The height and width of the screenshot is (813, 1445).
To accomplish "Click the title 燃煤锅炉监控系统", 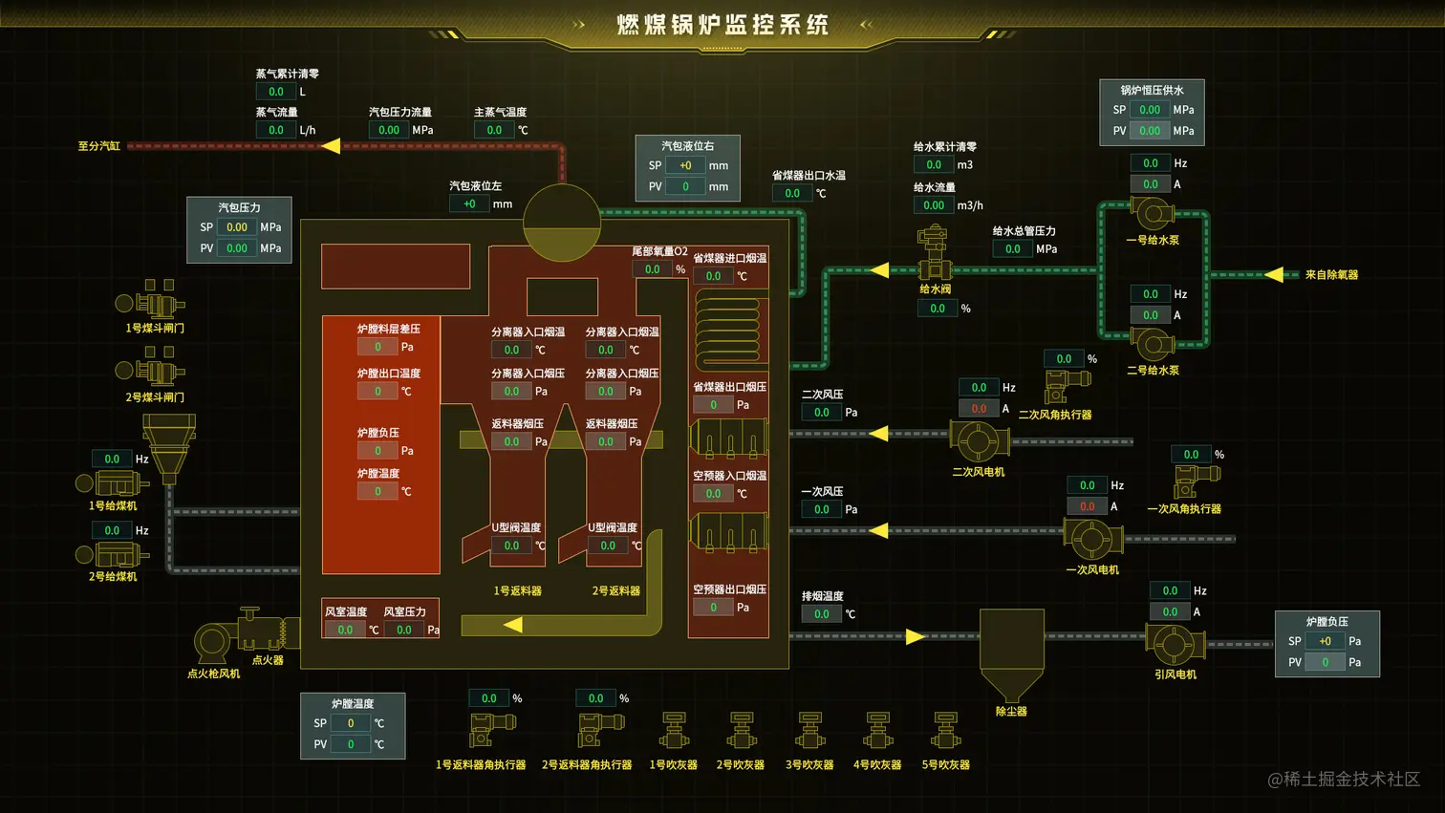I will [722, 25].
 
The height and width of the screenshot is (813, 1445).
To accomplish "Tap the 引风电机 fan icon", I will [1173, 645].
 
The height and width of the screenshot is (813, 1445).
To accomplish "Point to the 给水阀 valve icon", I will [933, 253].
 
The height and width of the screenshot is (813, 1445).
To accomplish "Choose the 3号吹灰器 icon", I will [809, 732].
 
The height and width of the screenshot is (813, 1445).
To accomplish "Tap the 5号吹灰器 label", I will [945, 765].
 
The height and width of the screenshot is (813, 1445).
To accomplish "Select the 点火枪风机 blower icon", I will [212, 643].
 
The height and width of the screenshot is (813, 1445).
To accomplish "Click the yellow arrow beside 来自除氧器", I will [1273, 275].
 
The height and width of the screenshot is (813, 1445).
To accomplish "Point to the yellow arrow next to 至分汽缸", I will [331, 146].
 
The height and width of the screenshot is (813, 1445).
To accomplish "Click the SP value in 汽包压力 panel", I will [237, 227].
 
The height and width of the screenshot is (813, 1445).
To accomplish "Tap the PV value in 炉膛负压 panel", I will [1325, 662].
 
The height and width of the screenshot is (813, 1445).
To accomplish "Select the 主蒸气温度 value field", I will [494, 130].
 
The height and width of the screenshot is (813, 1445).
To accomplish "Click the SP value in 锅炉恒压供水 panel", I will [1150, 110].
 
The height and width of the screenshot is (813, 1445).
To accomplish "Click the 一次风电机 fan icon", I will [1091, 539].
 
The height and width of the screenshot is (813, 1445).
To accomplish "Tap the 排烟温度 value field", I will [821, 614].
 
